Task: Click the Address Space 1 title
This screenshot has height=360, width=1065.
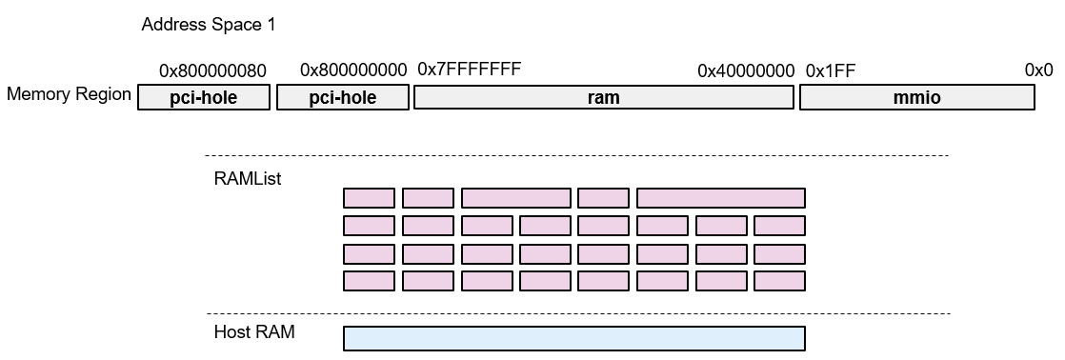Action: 208,25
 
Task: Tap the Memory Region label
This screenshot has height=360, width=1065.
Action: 69,94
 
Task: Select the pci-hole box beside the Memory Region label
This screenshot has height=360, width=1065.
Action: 203,98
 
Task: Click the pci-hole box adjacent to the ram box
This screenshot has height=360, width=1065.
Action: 342,98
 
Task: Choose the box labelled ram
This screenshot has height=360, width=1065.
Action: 604,98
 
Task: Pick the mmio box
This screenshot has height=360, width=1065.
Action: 916,98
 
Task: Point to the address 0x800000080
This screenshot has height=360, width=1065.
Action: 212,70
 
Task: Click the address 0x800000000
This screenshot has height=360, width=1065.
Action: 353,70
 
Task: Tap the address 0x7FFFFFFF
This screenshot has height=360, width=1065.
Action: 470,69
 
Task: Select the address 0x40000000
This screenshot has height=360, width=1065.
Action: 746,70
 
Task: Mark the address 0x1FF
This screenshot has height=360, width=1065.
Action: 830,70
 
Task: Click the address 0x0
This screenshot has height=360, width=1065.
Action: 1038,70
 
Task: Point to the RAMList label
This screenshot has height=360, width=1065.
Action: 247,178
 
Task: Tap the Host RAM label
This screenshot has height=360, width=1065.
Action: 254,332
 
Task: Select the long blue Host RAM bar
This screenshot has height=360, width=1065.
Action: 573,338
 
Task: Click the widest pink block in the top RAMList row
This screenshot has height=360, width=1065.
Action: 720,198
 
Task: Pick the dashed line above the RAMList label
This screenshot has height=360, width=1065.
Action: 576,155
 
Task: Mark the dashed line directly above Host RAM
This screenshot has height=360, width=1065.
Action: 576,313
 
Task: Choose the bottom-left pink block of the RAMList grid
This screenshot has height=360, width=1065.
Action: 369,281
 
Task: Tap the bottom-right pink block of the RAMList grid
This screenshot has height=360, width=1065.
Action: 779,281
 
